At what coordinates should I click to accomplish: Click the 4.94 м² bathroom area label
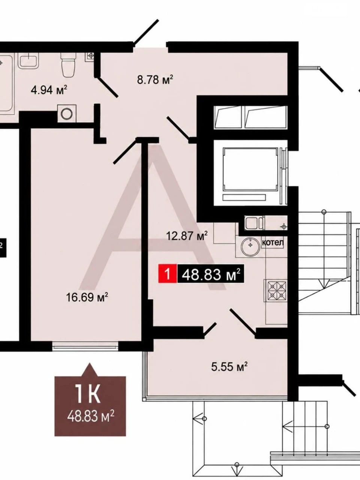(x=49, y=90)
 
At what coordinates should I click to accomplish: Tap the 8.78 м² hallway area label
(x=155, y=79)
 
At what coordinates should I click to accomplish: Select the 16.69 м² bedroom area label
(x=87, y=297)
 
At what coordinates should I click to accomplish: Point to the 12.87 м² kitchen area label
(x=187, y=236)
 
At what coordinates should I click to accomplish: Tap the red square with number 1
(x=167, y=274)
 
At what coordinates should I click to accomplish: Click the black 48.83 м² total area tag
(x=210, y=274)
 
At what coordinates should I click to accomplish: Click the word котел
(x=273, y=243)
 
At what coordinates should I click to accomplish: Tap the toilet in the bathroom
(x=68, y=65)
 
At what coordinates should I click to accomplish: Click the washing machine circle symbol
(x=67, y=114)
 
